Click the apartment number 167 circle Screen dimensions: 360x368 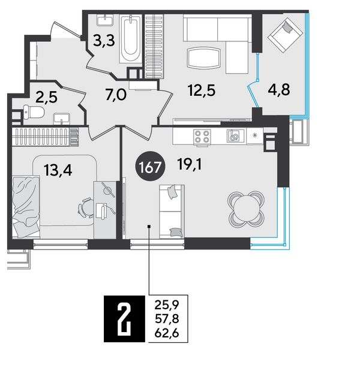coord(150,168)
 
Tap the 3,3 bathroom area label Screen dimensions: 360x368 coord(104,41)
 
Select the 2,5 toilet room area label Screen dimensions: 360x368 coord(47,97)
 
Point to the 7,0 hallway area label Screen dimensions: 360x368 coord(116,95)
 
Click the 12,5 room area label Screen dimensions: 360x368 coord(202,91)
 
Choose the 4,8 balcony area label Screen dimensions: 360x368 coord(279,90)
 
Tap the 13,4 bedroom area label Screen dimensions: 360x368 coord(58,170)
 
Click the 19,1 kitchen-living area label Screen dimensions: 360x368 coord(190,164)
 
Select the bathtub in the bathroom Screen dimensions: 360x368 coord(130,39)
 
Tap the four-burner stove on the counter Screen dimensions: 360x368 coord(202,137)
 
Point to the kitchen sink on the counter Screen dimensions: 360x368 coord(233,136)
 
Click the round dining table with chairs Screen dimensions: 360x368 coord(246,209)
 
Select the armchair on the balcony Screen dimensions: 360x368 coord(285,35)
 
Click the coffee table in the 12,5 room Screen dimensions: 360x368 coord(204,58)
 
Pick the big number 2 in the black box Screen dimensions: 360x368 coord(124,318)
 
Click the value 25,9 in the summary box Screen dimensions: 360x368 coord(167,305)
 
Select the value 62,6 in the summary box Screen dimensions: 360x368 coord(167,333)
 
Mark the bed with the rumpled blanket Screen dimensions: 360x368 coord(26,207)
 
